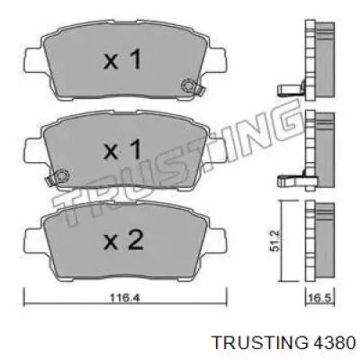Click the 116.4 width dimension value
[124, 298]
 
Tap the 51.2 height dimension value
[275, 240]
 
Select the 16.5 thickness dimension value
[319, 298]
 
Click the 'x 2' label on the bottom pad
[123, 241]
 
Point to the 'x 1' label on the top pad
[122, 59]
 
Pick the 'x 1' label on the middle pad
[122, 149]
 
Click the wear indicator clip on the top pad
[192, 86]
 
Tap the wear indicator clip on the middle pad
[57, 177]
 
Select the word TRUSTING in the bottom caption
[260, 342]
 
